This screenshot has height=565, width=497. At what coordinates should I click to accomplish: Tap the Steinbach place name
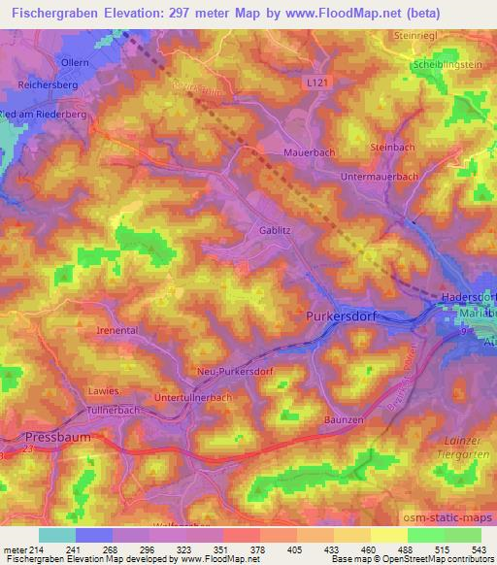pos(392,147)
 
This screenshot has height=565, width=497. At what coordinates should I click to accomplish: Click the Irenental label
pos(117,330)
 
